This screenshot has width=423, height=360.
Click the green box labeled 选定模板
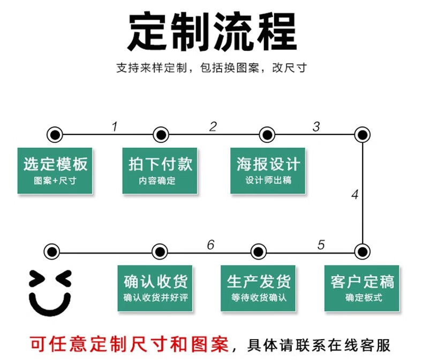coord(55,171)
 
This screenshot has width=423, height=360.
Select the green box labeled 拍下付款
coord(160,171)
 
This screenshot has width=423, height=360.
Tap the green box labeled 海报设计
coord(268,171)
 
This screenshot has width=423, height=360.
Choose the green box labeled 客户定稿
coord(361,288)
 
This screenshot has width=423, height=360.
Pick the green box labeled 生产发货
coord(258,288)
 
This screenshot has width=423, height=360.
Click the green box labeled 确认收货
coord(155,288)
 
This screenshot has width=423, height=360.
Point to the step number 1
coord(115,126)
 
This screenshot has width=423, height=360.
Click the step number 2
coord(213,126)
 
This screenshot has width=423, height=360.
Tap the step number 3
coord(316,126)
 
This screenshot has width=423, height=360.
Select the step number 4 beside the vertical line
coord(355,194)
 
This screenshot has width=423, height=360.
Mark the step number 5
coord(321,244)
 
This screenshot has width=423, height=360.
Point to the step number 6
coord(210,244)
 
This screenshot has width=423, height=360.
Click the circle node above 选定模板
coord(55,134)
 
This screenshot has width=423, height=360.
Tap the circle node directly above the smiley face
coord(52,251)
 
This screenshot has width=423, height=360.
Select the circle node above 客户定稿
coord(362,251)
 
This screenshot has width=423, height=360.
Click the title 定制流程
coord(212,32)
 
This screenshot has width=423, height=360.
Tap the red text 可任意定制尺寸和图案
coord(129,344)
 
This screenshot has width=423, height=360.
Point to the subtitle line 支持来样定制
coord(152,67)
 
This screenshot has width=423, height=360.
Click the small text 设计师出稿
coord(268,180)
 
